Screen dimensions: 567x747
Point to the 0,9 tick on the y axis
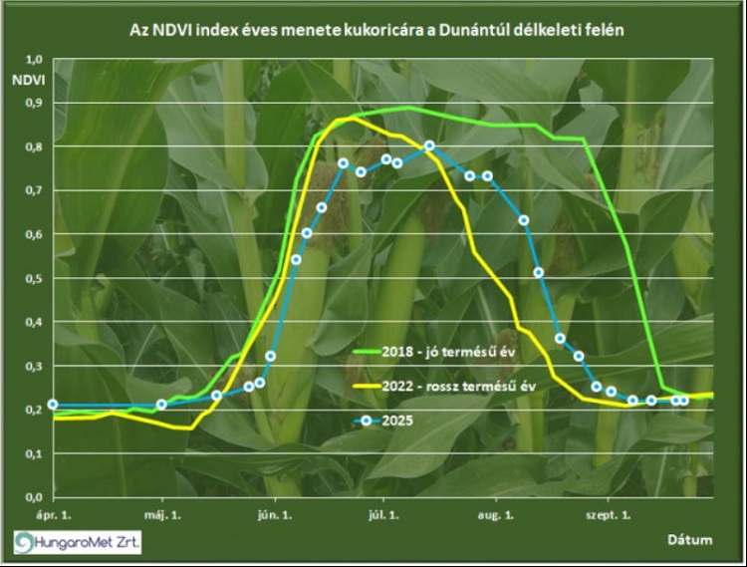[x=32, y=103]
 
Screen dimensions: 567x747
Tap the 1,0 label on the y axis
[x=32, y=59]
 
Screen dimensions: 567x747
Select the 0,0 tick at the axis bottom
[x=32, y=496]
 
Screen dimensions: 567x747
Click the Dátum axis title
[x=689, y=539]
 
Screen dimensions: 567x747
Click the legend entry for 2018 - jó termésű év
[x=467, y=352]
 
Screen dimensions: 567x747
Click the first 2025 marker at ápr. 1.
[x=53, y=405]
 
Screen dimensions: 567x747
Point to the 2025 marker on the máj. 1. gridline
[x=162, y=405]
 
